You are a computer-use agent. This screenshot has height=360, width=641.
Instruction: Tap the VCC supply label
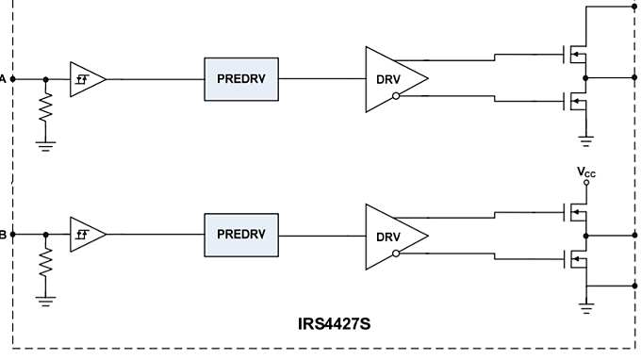tap(586, 172)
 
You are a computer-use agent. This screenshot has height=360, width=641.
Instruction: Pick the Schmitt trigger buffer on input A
tap(86, 79)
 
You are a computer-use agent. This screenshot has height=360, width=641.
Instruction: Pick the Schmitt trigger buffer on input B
tap(86, 234)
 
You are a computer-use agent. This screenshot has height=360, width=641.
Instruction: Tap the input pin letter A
tap(3, 79)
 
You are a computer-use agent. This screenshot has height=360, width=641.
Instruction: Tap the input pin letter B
tap(3, 234)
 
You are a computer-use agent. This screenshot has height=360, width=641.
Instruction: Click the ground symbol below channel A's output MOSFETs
tap(586, 141)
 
